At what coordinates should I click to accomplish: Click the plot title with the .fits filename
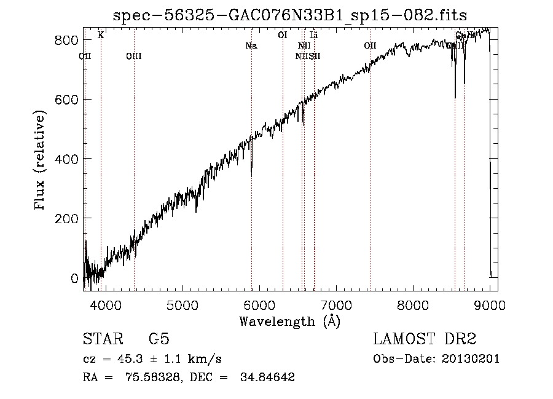[x=291, y=15]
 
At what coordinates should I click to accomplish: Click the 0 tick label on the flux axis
[x=75, y=278]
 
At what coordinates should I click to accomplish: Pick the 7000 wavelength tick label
[x=335, y=303]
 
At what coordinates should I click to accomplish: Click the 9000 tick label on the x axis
[x=489, y=303]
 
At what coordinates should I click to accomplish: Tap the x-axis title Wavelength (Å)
[x=290, y=320]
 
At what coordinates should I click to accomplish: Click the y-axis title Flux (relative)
[x=41, y=161]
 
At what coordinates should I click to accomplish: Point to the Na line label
[x=251, y=46]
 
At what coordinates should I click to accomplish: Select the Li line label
[x=313, y=35]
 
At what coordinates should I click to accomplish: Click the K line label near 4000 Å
[x=101, y=35]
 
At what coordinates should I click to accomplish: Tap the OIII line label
[x=133, y=57]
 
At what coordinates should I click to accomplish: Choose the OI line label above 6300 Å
[x=283, y=35]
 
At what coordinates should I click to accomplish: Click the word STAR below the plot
[x=102, y=339]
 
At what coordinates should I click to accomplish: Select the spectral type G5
[x=159, y=339]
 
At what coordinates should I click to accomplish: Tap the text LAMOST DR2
[x=425, y=339]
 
